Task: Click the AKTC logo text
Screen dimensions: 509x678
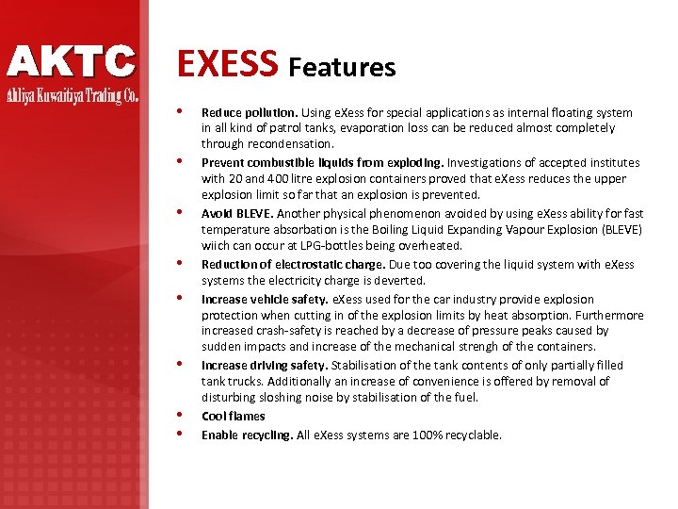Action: [x=72, y=62]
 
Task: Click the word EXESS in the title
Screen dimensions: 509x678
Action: [x=228, y=64]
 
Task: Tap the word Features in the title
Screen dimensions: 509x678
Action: [x=342, y=67]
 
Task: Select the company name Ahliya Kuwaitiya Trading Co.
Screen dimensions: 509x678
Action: [x=73, y=96]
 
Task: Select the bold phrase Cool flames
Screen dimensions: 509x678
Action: [x=233, y=416]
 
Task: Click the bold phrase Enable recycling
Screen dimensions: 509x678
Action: [x=247, y=435]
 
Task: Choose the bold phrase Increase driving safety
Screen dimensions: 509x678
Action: [x=264, y=365]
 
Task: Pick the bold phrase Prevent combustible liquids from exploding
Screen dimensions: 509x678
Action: [x=323, y=162]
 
